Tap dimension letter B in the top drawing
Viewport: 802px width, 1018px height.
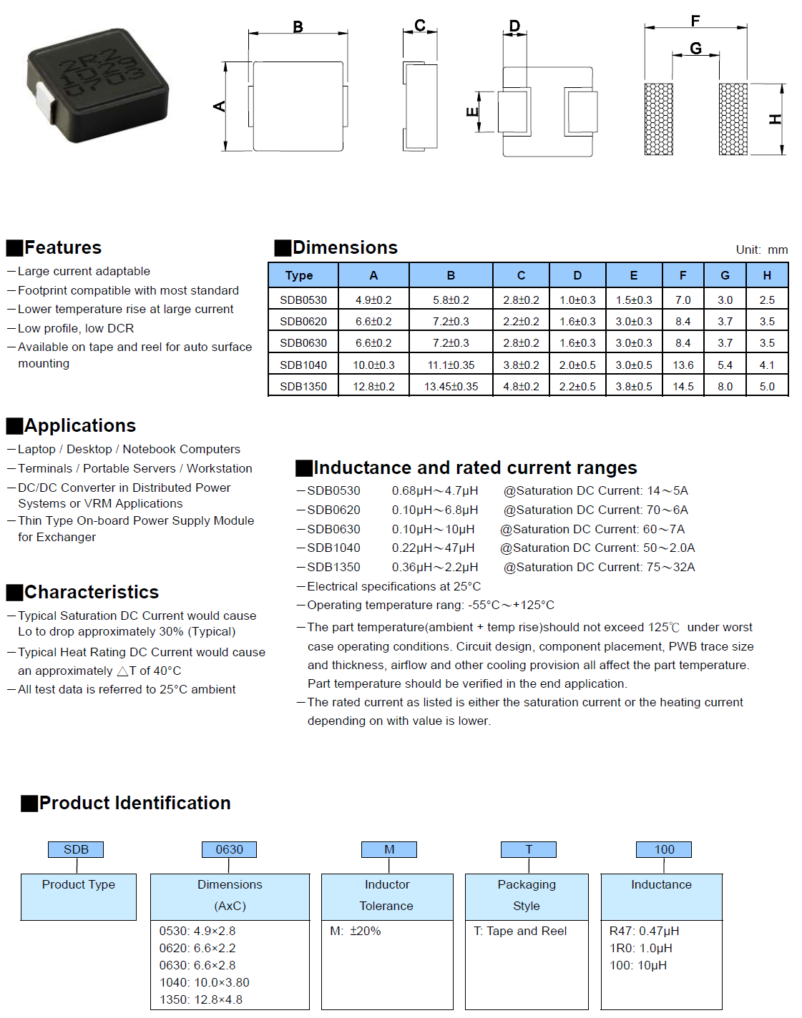[298, 27]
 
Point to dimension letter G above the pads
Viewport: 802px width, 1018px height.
[695, 49]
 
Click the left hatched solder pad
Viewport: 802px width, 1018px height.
[658, 119]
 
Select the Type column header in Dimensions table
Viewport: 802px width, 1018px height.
[299, 275]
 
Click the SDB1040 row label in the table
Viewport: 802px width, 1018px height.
[303, 365]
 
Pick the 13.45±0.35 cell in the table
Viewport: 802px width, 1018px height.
[451, 386]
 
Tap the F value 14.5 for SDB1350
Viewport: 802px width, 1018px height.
[683, 386]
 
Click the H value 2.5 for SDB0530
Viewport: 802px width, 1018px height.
[767, 300]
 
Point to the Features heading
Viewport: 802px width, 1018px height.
[63, 247]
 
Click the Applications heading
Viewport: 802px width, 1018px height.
[79, 425]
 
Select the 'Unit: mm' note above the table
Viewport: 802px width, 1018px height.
[761, 249]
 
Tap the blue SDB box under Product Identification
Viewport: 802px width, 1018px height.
[76, 849]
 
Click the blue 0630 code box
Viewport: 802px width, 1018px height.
[229, 849]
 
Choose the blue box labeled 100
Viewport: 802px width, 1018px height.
[664, 849]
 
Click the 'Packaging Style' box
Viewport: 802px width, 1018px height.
[527, 895]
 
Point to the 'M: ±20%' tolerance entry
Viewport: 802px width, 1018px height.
[356, 931]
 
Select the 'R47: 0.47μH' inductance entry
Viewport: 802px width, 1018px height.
[644, 931]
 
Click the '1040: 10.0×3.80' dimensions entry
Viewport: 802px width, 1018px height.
[204, 982]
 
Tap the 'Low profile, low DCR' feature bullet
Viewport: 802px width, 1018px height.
[76, 328]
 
